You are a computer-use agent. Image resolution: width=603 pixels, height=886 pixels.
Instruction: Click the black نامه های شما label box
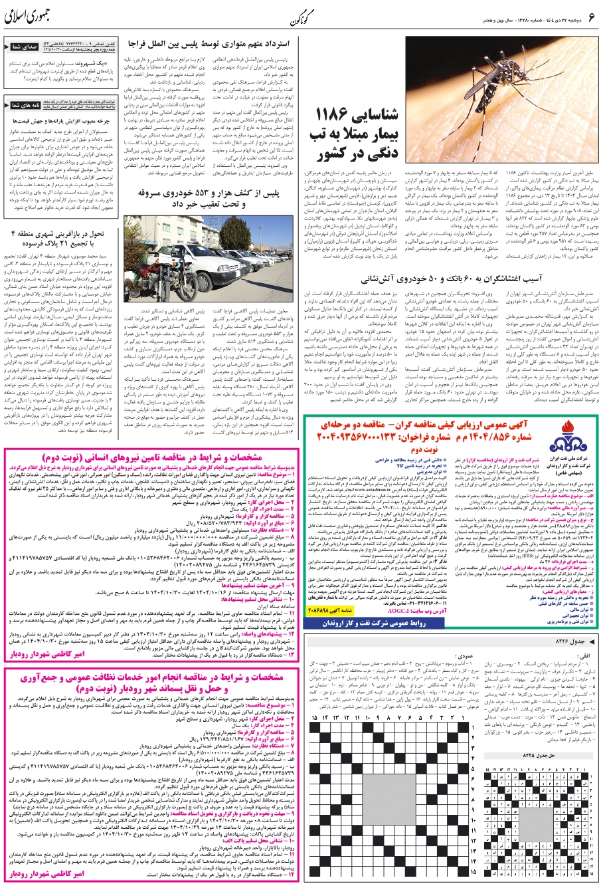point(25,104)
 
